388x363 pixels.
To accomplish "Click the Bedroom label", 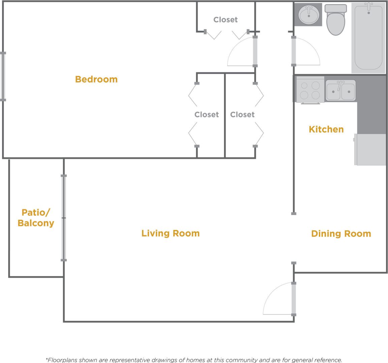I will click(96, 79).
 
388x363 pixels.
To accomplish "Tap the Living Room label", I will click(170, 233).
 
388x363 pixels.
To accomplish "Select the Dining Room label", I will click(341, 234).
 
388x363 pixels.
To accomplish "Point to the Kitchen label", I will click(326, 129).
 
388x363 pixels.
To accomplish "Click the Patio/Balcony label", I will click(36, 218).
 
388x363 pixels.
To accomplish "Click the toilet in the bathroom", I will click(336, 20).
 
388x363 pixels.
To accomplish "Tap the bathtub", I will click(368, 38).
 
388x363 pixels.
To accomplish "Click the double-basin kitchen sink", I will click(340, 90).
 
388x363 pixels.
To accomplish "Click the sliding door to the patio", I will click(64, 218).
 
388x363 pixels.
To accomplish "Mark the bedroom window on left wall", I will click(3, 76).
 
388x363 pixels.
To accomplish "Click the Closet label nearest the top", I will click(225, 20).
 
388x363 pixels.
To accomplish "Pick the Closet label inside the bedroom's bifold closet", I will click(206, 115).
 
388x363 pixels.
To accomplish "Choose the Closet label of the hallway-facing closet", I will click(242, 115).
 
